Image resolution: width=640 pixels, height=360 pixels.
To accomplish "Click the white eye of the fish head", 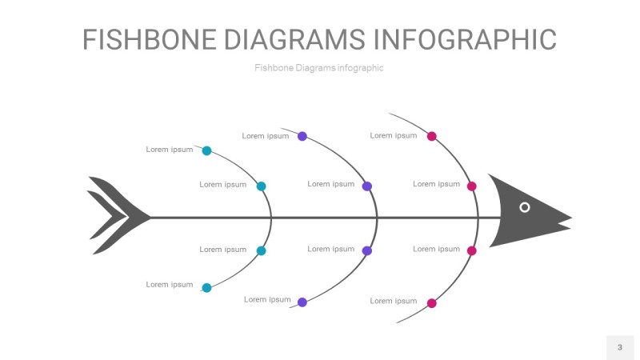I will coord(525,207).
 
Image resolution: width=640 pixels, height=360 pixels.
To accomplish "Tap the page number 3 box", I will coord(619,347).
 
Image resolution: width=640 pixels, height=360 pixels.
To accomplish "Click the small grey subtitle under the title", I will coord(319,68).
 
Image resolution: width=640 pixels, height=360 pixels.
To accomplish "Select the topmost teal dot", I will coord(206,150).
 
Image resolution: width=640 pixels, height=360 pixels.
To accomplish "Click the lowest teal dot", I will coord(206,287).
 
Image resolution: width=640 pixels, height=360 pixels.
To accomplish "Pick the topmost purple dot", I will coord(302,136).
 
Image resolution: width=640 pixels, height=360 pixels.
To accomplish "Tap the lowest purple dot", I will coord(302,302).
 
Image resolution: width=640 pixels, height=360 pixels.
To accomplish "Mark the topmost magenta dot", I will coord(432,136).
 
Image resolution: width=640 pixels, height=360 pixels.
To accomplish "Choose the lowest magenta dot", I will coord(432,303).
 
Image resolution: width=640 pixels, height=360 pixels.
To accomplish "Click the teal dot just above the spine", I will coord(261,186).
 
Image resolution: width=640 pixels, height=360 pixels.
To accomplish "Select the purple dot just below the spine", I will coord(367,251).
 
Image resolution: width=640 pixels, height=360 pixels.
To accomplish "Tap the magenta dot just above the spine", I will coord(472,186).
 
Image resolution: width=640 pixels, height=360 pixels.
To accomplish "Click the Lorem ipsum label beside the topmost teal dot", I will coord(170,150).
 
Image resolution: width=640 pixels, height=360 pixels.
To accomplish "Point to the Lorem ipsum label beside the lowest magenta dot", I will coord(394,302).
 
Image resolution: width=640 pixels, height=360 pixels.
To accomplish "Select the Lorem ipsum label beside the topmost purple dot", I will coord(266,136).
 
